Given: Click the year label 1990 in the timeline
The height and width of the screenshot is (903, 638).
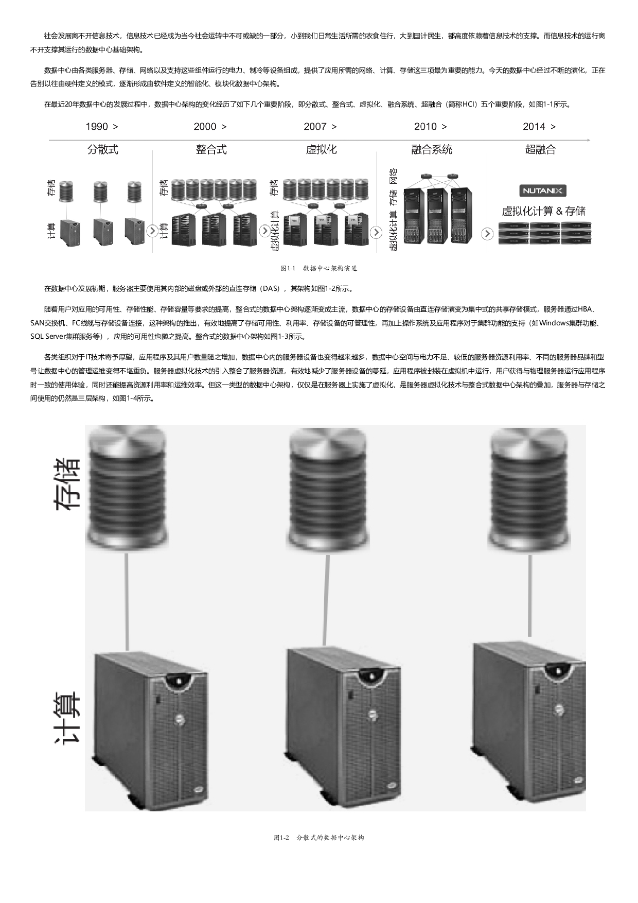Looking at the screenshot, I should point(97,127).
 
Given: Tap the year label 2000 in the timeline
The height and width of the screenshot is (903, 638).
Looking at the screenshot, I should point(205,127).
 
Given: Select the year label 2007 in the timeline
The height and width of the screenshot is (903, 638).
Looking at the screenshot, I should point(315,127).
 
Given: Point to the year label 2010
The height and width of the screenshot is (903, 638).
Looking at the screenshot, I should point(426,127).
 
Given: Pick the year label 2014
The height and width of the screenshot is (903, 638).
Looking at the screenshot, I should point(534,127).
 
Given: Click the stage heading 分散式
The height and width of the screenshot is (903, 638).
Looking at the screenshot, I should point(103,150).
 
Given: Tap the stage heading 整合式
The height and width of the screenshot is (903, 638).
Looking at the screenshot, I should point(211,150).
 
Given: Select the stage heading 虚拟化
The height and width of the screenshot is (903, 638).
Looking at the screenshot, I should point(321,150).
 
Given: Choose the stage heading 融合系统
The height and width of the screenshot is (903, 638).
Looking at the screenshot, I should point(432,150).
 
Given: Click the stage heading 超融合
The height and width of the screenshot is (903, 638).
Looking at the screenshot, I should point(540,150).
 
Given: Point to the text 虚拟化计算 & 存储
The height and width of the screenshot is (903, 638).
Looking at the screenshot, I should point(544,211).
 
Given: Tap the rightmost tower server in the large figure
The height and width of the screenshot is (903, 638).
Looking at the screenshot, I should point(528,723).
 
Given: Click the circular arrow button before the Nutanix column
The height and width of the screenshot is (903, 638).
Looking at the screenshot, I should point(487,234).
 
